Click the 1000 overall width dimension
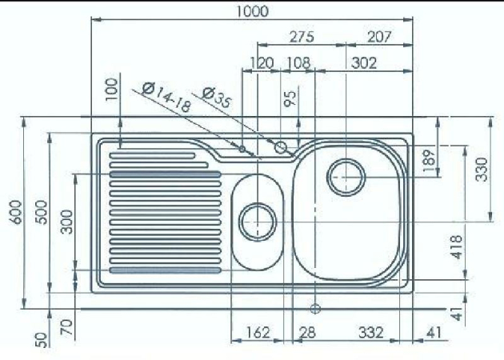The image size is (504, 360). [x=252, y=11]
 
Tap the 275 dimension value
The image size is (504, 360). [x=302, y=37]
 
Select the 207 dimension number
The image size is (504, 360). [x=380, y=37]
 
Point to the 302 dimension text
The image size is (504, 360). [x=363, y=62]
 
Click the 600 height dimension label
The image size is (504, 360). [x=16, y=212]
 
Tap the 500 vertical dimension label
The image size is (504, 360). [x=42, y=212]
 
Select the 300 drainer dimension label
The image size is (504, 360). [x=67, y=222]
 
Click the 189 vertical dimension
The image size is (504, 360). [x=429, y=161]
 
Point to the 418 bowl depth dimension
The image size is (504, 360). [x=457, y=247]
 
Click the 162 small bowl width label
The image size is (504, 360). [x=258, y=332]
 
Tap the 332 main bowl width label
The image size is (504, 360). [x=370, y=332]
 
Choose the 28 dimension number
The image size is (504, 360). [x=307, y=332]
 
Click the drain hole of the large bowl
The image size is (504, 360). [x=346, y=177]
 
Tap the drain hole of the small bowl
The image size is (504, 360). [x=258, y=222]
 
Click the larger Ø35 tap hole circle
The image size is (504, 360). [x=281, y=147]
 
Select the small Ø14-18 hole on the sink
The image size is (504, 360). [x=242, y=149]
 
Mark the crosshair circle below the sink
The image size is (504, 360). [x=316, y=309]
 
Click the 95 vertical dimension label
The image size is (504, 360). [x=290, y=99]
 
